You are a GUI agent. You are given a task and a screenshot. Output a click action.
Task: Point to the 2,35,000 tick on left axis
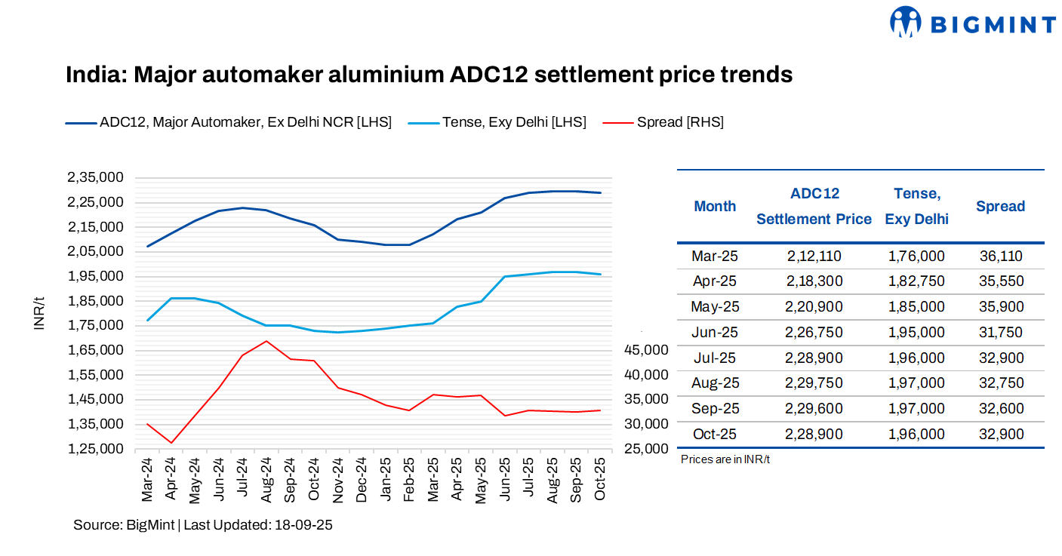[x=95, y=177]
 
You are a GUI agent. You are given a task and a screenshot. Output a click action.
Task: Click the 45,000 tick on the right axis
[x=646, y=349]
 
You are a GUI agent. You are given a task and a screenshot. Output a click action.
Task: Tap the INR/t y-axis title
[x=42, y=313]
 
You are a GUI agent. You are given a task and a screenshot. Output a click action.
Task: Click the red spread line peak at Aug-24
[x=266, y=341]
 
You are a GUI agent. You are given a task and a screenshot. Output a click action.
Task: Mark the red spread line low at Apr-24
[x=171, y=443]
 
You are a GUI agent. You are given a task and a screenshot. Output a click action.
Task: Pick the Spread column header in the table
[x=1000, y=206]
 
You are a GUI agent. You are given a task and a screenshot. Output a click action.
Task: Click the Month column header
[x=714, y=206]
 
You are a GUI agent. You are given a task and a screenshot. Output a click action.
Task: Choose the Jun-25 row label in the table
[x=714, y=332]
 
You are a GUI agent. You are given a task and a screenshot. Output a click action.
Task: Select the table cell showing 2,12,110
[x=814, y=256]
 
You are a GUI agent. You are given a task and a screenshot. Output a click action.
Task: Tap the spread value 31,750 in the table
[x=1000, y=332]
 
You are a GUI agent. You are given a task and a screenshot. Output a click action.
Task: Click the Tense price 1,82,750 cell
[x=916, y=281]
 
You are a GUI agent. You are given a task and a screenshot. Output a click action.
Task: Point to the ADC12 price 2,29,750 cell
[x=814, y=382]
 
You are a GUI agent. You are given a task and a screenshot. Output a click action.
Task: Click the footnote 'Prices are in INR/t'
[x=725, y=459]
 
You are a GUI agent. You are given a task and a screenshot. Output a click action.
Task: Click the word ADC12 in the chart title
[x=489, y=75]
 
